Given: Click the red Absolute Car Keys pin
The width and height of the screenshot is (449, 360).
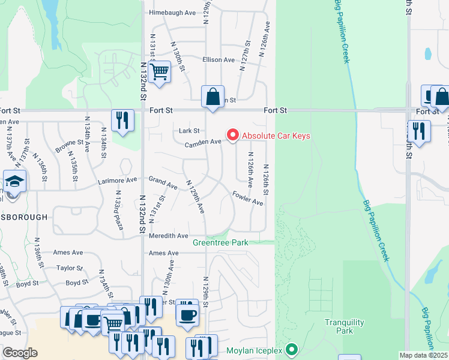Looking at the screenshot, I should pos(233,135).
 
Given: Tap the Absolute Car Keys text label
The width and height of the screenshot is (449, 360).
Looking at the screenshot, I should pos(276,136).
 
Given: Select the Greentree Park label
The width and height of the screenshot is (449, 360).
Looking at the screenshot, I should pos(220,243).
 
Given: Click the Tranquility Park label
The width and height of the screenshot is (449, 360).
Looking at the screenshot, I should pos(344,326).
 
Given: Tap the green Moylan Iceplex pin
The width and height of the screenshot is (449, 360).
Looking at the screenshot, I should pos(292,349).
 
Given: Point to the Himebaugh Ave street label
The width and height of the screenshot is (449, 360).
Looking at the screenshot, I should pos(172,12).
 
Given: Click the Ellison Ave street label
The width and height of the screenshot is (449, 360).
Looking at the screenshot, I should pos(218,60).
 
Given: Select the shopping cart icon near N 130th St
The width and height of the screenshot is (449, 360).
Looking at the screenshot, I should pos(159,72).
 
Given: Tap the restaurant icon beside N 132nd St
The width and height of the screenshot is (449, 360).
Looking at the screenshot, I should pos(122,120).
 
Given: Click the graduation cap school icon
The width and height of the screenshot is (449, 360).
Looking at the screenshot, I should pos(14,181).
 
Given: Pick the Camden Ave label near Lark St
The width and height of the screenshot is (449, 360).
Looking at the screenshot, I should pos(203,142).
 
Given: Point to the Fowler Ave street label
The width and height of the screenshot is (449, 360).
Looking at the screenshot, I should pos(248,198).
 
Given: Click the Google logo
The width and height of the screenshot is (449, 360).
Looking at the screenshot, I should pos(20,353).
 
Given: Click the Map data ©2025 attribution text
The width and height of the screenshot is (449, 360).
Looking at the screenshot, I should pos(423,355).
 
